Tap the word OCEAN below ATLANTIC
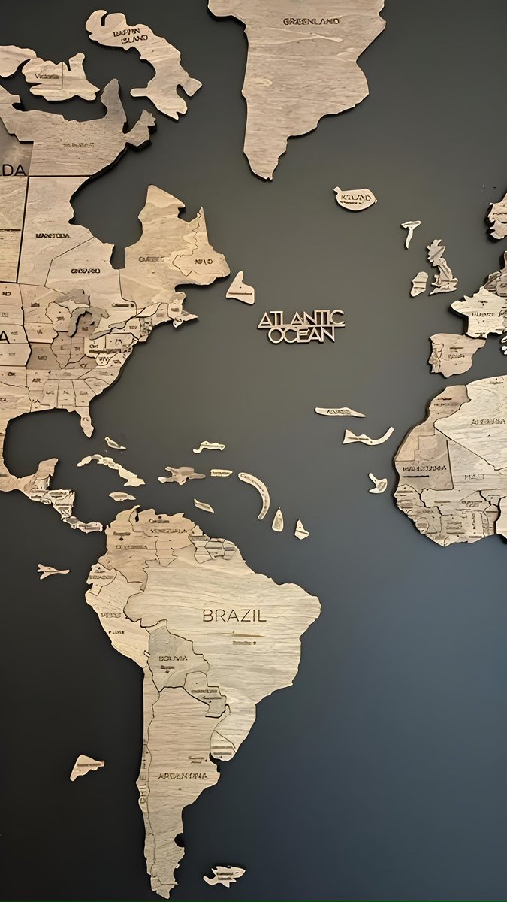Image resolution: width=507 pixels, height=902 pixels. (x=301, y=335)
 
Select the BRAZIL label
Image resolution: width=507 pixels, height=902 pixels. (x=234, y=615)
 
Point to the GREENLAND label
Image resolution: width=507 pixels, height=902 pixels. (x=311, y=21)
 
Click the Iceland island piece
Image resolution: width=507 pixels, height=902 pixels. (x=355, y=198)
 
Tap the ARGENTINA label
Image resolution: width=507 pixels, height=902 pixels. (x=182, y=775)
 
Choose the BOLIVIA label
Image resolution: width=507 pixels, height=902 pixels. (x=172, y=658)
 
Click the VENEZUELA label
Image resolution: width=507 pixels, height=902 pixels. (x=168, y=530)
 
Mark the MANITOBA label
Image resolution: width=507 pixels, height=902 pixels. (x=52, y=235)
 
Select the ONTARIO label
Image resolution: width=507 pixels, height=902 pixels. (x=85, y=271)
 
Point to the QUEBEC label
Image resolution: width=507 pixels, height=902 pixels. (x=152, y=259)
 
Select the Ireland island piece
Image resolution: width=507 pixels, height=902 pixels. (x=418, y=283)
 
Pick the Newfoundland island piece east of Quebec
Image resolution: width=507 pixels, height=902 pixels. (x=240, y=289)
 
